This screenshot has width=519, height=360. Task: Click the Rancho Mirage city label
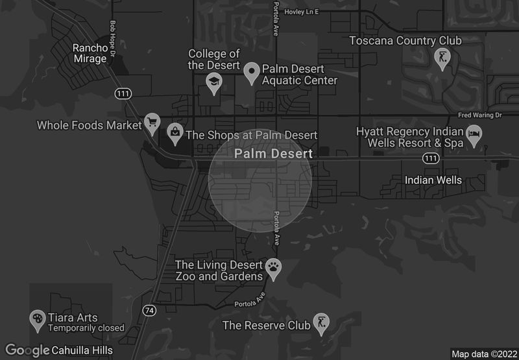(x=90, y=53)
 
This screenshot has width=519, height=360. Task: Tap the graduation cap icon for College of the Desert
(x=213, y=82)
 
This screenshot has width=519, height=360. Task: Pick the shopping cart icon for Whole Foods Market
(x=152, y=121)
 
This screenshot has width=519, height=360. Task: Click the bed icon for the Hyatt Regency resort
(x=476, y=135)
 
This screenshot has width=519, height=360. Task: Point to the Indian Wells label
(x=433, y=180)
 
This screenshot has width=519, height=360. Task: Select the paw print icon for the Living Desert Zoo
(x=274, y=268)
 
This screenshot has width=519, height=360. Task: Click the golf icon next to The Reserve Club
(x=320, y=322)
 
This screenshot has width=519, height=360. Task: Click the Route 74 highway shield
(x=150, y=311)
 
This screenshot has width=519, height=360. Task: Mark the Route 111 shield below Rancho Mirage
(x=123, y=94)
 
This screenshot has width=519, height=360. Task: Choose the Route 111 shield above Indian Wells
(x=430, y=158)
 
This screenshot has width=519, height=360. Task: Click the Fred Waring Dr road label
(x=479, y=115)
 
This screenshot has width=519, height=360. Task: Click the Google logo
(x=27, y=350)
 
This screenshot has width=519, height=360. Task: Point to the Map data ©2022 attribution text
(x=483, y=354)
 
